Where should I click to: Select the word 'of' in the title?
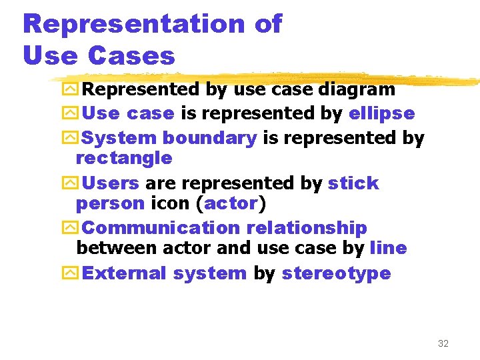(x=268, y=25)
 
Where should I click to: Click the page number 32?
(x=443, y=343)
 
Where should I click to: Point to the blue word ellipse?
(x=381, y=114)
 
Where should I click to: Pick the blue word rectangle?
(x=124, y=159)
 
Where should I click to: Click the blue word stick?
(x=353, y=183)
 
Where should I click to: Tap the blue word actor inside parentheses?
(x=231, y=203)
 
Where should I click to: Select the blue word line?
(x=388, y=249)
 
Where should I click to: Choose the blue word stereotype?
(x=336, y=274)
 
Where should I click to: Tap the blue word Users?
(x=111, y=183)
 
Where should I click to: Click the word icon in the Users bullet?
(x=169, y=203)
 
